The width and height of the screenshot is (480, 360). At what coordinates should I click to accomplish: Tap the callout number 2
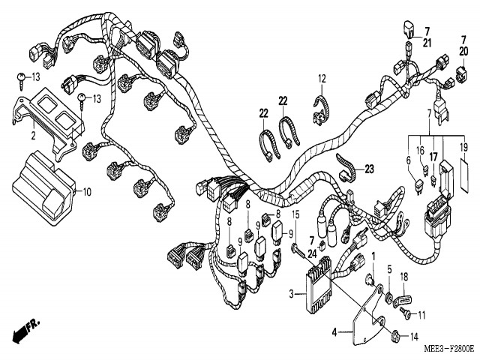[33, 136]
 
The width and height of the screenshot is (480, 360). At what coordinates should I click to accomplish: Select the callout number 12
[322, 79]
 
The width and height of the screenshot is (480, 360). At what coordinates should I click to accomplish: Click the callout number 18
[403, 277]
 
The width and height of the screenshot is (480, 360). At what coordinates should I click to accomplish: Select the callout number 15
[296, 215]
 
